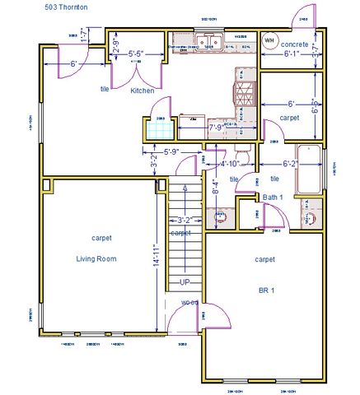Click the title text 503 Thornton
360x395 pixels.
(67, 7)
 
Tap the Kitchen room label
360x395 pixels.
(143, 91)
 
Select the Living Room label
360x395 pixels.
(96, 258)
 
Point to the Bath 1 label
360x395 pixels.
(274, 197)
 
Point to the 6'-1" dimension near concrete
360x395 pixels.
(294, 54)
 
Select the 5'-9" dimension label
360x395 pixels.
(171, 151)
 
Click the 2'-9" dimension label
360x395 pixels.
(116, 47)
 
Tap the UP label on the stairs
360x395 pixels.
(185, 282)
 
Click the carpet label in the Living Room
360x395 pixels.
(102, 238)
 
